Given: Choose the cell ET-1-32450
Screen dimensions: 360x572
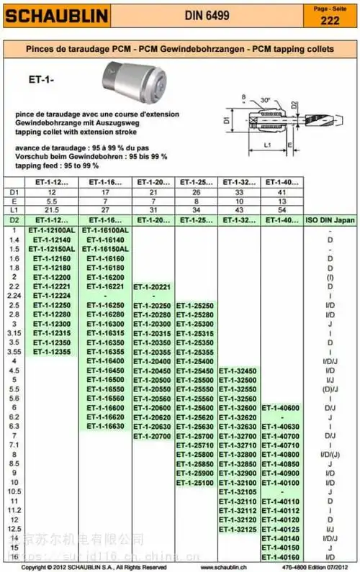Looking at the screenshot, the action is pos(238,371).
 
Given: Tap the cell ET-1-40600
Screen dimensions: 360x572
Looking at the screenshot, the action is pos(282,408).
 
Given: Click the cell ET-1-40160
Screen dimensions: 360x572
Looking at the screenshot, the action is pos(282,558).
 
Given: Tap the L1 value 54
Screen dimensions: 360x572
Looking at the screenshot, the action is pos(282,209).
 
